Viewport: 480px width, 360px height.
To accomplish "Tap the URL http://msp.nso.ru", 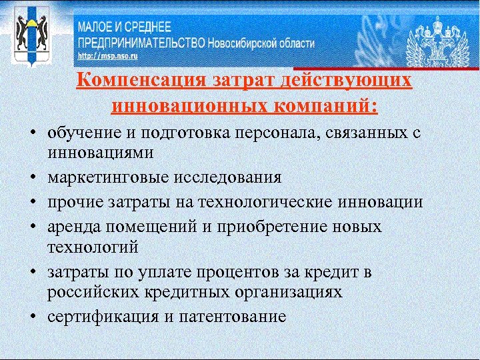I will point(107,57).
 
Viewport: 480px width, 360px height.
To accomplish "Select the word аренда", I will point(71,227).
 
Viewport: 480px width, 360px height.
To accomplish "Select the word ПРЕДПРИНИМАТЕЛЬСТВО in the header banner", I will point(141,42).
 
